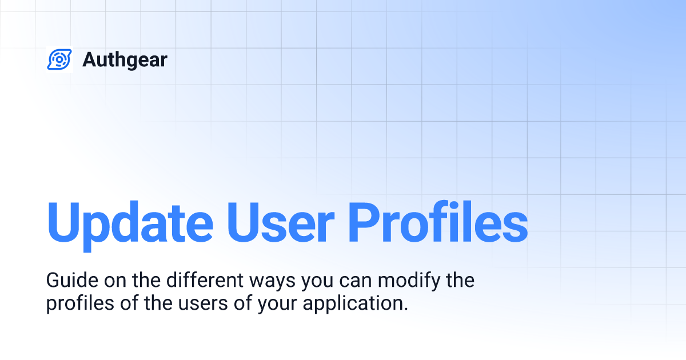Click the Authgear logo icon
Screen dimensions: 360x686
click(x=59, y=59)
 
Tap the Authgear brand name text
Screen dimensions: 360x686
click(x=125, y=59)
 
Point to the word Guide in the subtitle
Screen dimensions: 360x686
click(x=65, y=281)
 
